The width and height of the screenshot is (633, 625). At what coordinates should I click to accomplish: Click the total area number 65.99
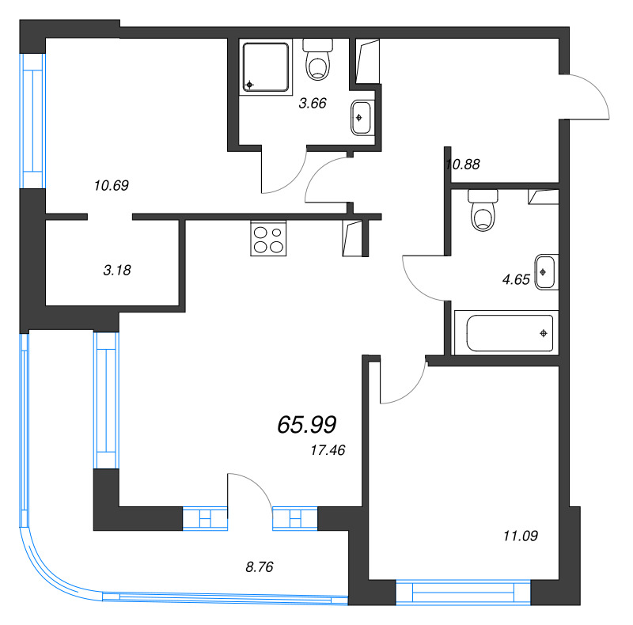[307, 426]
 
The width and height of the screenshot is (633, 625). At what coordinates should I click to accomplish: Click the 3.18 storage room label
[116, 270]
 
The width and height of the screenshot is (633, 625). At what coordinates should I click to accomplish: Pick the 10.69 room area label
[111, 186]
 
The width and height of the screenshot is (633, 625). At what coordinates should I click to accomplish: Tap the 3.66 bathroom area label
[312, 103]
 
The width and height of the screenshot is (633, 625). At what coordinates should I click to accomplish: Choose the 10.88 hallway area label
[464, 165]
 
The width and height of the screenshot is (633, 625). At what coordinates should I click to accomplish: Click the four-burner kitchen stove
[267, 239]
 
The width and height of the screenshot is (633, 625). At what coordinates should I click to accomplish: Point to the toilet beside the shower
[319, 60]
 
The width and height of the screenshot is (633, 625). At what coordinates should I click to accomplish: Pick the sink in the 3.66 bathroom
[361, 118]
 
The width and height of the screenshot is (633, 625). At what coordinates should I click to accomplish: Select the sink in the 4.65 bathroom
[546, 272]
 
